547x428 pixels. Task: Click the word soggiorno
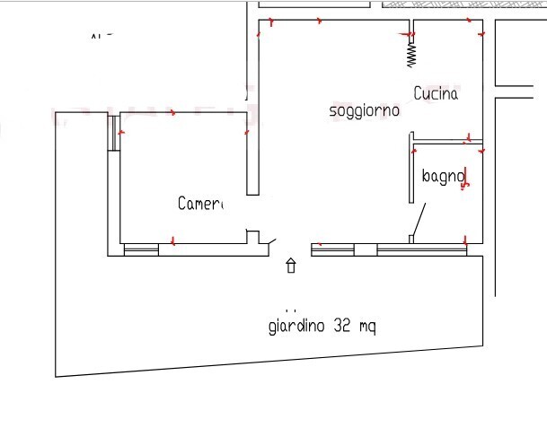[364, 111]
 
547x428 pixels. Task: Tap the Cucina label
[436, 93]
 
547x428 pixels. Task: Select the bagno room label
[442, 177]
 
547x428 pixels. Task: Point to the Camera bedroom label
[199, 204]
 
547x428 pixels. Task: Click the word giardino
[297, 327]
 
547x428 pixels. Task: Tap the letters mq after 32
[367, 328]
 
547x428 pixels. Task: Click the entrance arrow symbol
[291, 266]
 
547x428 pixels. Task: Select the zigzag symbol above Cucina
[411, 55]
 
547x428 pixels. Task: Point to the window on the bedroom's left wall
[114, 133]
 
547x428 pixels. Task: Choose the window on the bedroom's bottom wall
[140, 250]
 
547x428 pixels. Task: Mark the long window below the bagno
[421, 249]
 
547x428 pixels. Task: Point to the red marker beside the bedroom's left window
[121, 133]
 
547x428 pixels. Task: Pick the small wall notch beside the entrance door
[254, 237]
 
